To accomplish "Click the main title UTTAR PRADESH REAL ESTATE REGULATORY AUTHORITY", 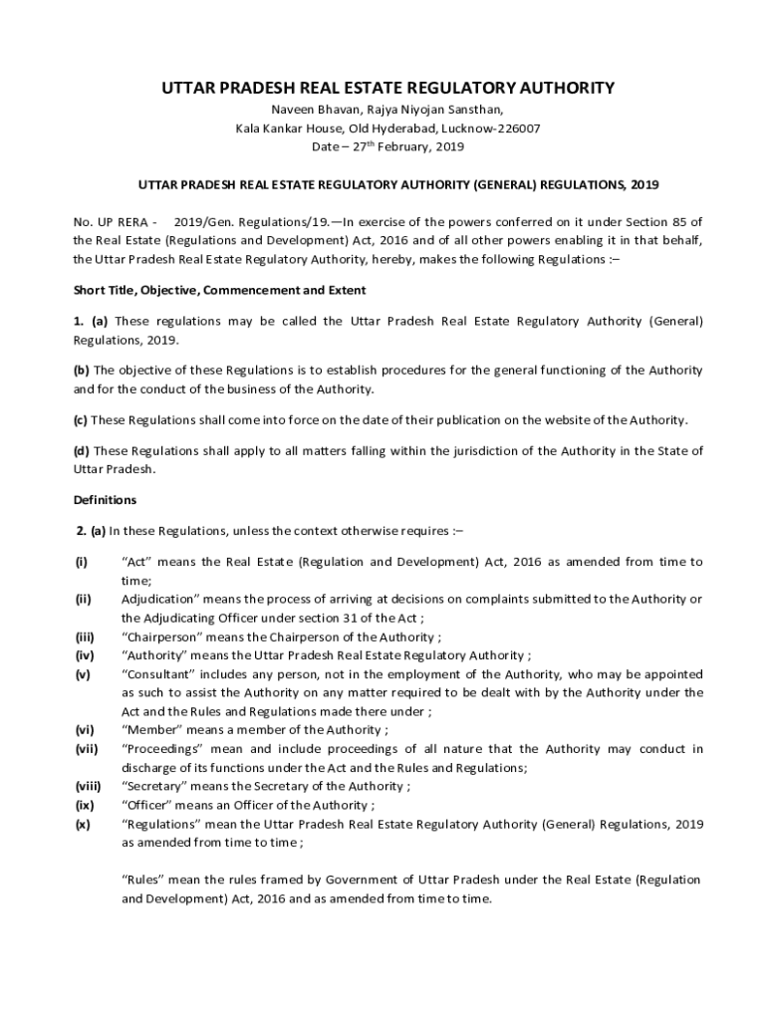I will (x=388, y=89).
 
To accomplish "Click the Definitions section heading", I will (x=106, y=499).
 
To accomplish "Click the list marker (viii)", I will (x=88, y=786).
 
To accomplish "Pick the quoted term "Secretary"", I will (x=154, y=786).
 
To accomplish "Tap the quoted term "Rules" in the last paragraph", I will (x=140, y=880).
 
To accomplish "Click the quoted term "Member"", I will (x=148, y=730).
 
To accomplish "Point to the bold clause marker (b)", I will (x=82, y=370).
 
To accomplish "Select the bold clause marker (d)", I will (x=82, y=451).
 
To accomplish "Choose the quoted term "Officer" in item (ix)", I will (x=147, y=805).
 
